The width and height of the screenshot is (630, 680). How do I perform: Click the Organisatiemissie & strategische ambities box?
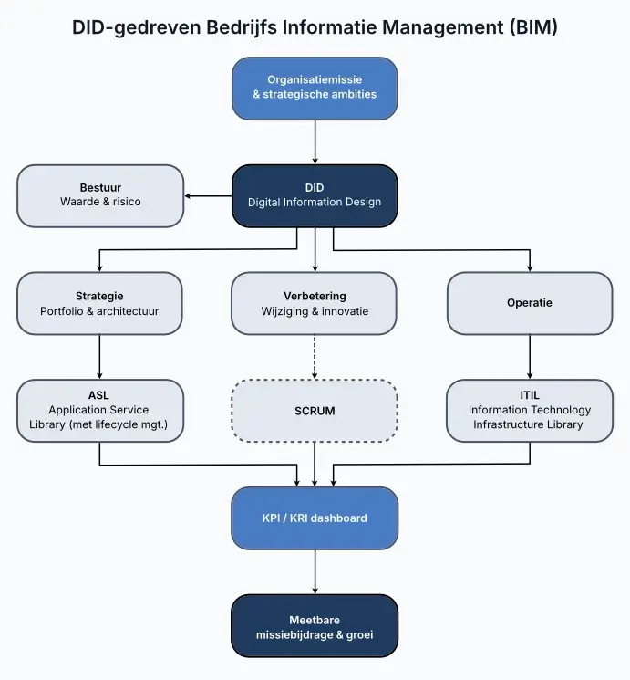point(315,88)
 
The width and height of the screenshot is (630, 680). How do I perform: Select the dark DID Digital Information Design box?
point(315,195)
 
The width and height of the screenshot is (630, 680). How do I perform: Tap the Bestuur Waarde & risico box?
point(100,195)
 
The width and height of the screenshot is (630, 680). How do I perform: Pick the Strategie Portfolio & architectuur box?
point(99,303)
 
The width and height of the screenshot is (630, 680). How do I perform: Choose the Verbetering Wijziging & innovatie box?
point(315,303)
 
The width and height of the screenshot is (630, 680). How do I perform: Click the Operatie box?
point(530,303)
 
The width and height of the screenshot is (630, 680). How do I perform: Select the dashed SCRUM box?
point(315,411)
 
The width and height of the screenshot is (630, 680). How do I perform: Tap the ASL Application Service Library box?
point(99,411)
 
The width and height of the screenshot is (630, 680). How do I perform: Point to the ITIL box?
point(530,411)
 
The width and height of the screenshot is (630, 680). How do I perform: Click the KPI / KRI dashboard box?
point(315,518)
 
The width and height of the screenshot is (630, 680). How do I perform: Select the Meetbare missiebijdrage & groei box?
point(315,626)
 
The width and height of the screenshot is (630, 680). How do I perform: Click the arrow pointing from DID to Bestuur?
point(208,195)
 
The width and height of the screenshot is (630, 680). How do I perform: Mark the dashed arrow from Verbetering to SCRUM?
point(315,357)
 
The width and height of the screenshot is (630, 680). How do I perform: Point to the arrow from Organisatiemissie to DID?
point(315,141)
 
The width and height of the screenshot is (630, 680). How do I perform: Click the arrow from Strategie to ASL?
point(99,357)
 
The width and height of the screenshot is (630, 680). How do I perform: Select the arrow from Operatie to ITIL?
point(530,357)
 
